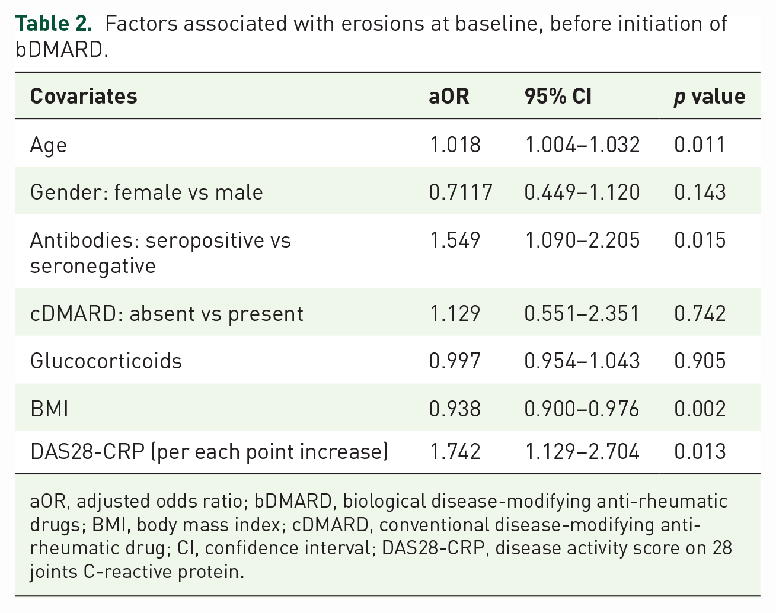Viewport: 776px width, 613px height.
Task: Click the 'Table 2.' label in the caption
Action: (x=53, y=24)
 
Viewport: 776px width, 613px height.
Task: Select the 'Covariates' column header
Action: (x=84, y=96)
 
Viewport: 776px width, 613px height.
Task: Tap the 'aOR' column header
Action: (x=449, y=97)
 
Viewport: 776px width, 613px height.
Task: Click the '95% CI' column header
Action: (x=558, y=96)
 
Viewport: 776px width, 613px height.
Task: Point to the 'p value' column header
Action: (x=710, y=97)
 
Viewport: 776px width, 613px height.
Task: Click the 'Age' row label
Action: (x=49, y=146)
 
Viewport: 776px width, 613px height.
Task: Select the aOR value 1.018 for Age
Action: (x=455, y=145)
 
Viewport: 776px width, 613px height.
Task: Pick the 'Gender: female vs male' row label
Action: (x=146, y=192)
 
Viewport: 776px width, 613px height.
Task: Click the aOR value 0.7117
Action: (x=461, y=192)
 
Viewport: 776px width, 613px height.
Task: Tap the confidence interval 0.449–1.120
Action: (x=582, y=192)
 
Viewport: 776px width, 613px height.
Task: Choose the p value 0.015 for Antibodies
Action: (x=700, y=240)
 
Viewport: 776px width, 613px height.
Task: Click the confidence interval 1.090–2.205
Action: (x=582, y=240)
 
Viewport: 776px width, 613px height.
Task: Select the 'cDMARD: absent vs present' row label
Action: (x=167, y=314)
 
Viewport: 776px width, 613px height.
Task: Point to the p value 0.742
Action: (x=700, y=313)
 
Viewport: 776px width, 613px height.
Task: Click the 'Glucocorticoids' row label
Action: (x=106, y=361)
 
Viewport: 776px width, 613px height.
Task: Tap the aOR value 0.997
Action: (x=455, y=361)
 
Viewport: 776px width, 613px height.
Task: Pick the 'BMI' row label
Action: (x=49, y=409)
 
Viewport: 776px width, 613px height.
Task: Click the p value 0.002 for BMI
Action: (x=700, y=409)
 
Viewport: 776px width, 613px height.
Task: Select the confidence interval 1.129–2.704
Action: (x=582, y=451)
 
